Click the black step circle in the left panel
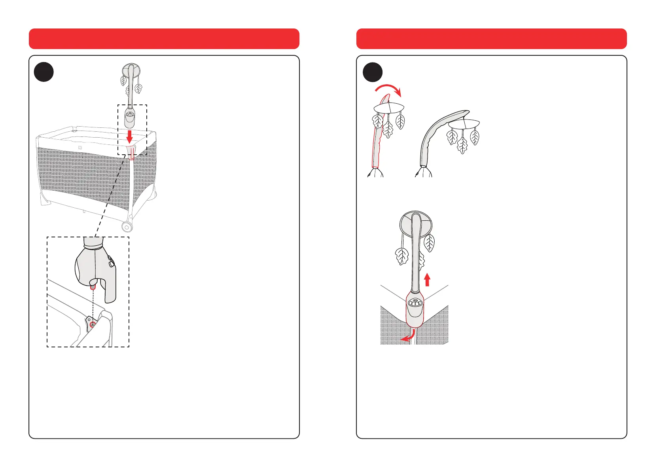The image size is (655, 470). [44, 72]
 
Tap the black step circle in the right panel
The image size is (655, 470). [373, 72]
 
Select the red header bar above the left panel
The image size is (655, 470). [164, 39]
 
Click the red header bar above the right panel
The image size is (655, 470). [491, 39]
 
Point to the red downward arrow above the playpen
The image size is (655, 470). [129, 137]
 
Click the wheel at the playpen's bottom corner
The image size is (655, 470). [127, 227]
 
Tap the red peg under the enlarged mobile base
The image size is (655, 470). [93, 287]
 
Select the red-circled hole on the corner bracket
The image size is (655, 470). [92, 325]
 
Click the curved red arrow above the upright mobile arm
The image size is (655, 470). [389, 89]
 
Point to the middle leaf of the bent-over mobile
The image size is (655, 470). [462, 145]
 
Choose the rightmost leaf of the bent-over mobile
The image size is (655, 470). [474, 137]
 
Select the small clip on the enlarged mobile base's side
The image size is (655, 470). [110, 261]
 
